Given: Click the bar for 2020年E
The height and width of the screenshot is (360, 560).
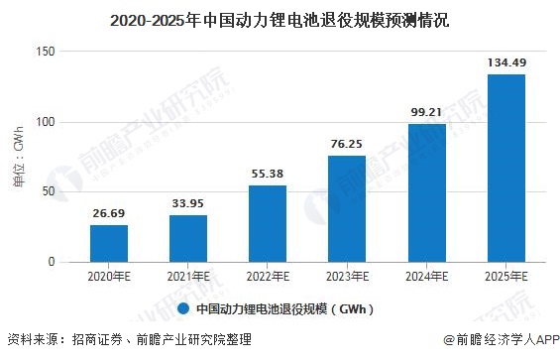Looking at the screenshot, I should pos(109,243).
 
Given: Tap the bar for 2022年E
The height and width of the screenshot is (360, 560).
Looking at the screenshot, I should pos(268,223).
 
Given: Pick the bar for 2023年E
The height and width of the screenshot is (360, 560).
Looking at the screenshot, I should pos(347,208).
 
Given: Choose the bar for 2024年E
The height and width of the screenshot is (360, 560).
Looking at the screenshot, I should pos(426,192).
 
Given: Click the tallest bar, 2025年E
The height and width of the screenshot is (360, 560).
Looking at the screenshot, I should pos(505,168).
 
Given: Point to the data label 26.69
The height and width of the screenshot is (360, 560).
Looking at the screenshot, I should pos(109,212).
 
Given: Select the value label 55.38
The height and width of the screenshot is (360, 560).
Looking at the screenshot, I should pos(268,173).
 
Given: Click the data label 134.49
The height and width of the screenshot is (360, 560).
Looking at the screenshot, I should pos(505,61).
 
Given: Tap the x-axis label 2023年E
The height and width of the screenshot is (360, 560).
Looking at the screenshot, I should pos(347,277).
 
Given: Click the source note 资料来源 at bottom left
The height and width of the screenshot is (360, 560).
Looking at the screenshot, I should pos(129,339).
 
